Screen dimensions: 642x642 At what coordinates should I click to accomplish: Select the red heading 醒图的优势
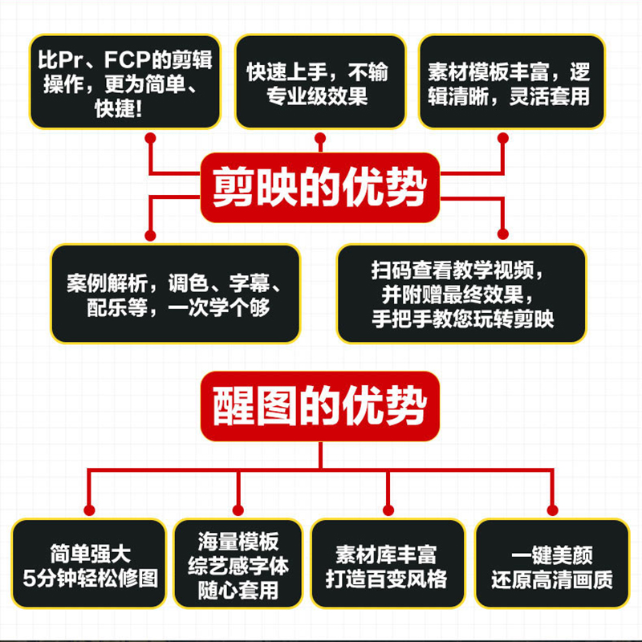click(320, 407)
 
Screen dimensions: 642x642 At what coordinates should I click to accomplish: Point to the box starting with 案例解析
click(175, 294)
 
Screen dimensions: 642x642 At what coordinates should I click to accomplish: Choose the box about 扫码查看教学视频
click(462, 294)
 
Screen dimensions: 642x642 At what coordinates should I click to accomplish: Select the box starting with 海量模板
click(239, 567)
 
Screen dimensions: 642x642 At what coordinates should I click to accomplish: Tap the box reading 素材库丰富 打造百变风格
click(388, 567)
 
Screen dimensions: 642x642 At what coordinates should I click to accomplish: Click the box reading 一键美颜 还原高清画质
click(551, 567)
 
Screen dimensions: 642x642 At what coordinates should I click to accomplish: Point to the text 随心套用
click(239, 591)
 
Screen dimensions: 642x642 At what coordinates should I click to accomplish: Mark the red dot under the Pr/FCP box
click(150, 138)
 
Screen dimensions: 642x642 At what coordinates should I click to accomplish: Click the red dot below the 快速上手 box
click(321, 138)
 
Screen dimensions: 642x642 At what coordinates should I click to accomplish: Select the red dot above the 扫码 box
click(503, 234)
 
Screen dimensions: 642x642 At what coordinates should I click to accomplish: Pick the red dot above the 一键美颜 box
click(551, 509)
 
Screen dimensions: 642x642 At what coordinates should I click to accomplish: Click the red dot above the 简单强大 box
click(89, 509)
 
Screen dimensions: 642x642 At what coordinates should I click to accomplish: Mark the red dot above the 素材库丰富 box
click(388, 509)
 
